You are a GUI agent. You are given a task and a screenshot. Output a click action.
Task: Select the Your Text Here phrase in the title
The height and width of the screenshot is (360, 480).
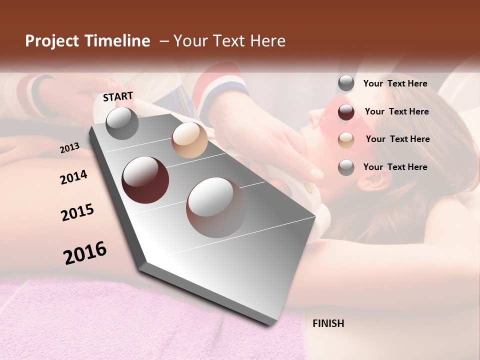pos(229,41)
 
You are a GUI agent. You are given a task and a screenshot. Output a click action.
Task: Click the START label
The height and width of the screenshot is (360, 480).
pos(118,96)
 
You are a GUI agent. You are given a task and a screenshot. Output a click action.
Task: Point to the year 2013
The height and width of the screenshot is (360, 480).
pos(69,147)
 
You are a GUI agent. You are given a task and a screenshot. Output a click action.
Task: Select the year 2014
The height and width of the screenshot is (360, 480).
pos(73,177)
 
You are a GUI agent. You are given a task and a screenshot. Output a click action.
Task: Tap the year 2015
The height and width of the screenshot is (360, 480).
pos(77,212)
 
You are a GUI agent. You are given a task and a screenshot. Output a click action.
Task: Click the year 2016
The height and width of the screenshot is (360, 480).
pos(85,252)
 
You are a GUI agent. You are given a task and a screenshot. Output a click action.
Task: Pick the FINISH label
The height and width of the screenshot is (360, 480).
pos(328,323)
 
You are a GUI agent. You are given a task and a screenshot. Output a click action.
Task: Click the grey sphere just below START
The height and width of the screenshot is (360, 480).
pos(122,123)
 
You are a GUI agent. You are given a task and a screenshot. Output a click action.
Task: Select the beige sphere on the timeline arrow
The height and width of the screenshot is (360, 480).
pos(189,140)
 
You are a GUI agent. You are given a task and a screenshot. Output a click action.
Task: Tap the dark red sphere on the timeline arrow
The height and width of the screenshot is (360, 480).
pos(145,180)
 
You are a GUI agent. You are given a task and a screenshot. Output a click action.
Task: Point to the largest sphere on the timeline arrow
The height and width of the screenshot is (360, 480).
pos(216,207)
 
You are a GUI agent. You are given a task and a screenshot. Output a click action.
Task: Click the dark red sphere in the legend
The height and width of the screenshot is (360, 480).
pos(346,112)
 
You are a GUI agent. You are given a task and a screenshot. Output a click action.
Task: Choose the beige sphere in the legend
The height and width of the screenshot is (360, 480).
pos(346,140)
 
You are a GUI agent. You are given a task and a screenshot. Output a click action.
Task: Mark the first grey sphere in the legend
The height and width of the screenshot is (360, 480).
pos(346,83)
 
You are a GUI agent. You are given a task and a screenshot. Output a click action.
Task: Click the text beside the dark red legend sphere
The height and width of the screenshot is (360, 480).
pos(396,111)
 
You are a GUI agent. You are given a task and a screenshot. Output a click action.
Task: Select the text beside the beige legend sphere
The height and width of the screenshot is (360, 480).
pos(397,139)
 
